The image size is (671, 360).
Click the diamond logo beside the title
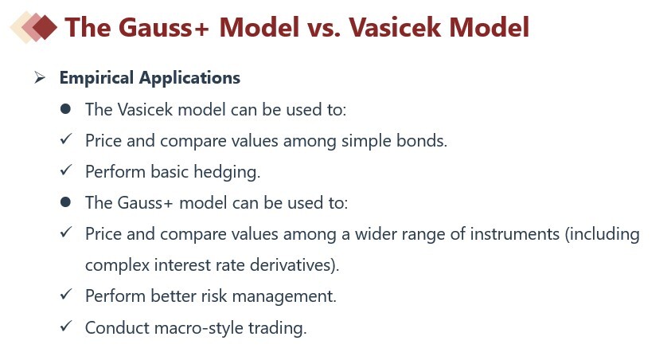coord(33,27)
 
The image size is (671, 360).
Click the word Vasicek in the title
coord(395,27)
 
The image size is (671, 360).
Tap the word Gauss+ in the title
coord(163,27)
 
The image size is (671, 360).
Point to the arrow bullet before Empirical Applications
coord(40,77)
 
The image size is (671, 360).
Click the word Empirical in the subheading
coord(97,78)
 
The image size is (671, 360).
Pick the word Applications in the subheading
coord(189,78)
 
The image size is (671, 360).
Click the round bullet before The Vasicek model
coord(65,109)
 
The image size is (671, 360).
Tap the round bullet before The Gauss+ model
coord(65,202)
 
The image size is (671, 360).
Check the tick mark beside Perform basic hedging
coord(66,170)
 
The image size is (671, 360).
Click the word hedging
coord(227,172)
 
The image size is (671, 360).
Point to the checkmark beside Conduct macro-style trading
coord(66,327)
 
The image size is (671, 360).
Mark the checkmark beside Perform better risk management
coord(66,295)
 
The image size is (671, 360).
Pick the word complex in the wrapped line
coord(117,266)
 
